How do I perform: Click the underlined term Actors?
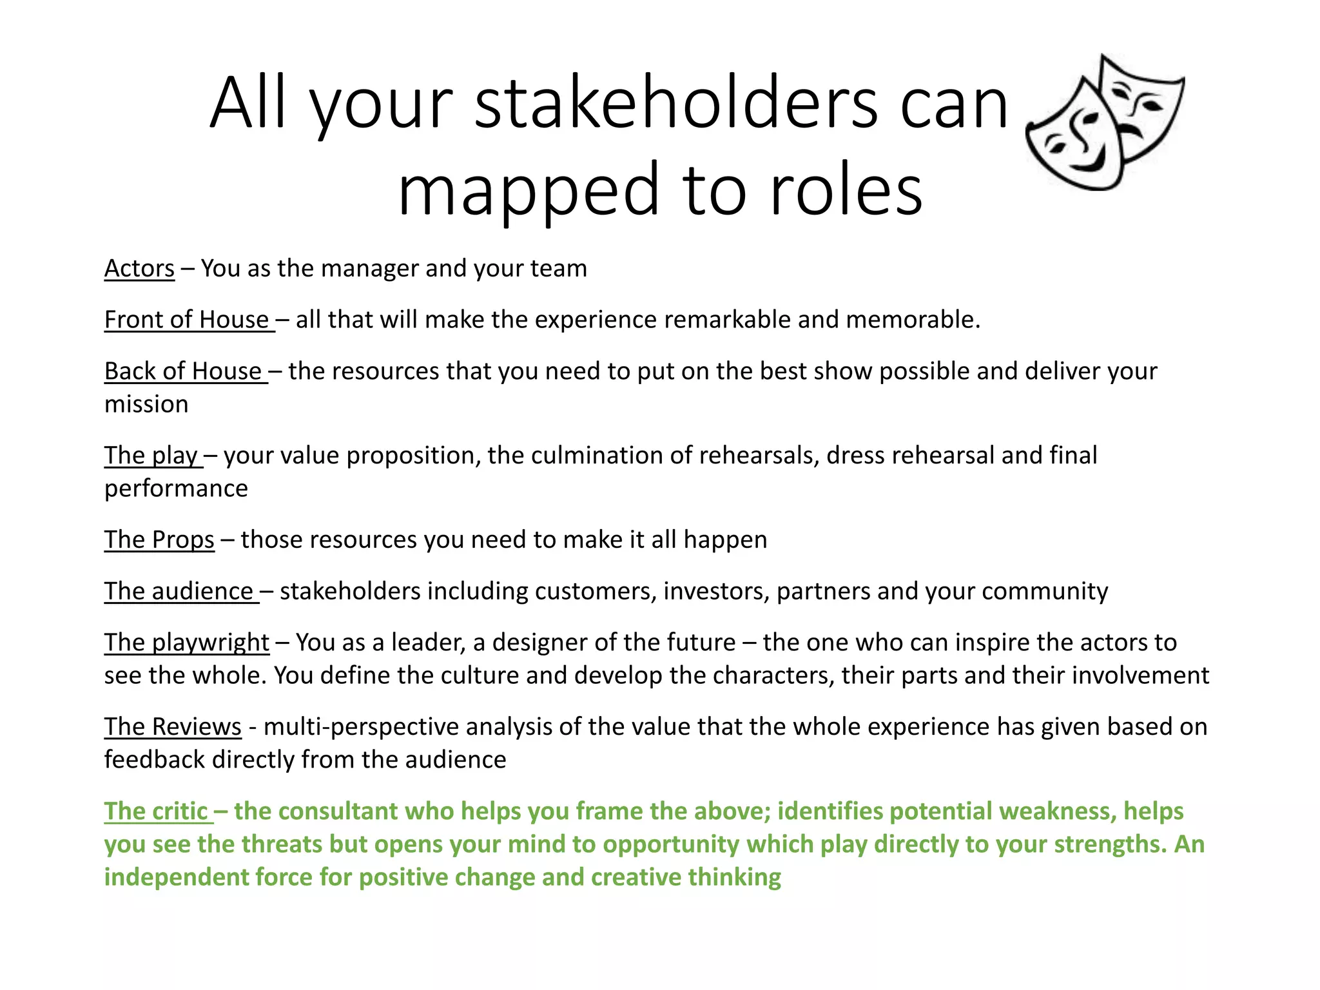[x=139, y=269]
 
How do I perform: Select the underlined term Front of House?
[x=187, y=320]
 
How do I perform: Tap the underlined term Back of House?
[x=184, y=371]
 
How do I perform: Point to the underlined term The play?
[x=151, y=456]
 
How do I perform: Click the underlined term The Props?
[x=159, y=539]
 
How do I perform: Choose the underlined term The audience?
[x=179, y=591]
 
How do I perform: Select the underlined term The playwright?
[x=187, y=643]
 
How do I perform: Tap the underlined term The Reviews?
[x=173, y=727]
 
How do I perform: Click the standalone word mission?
[x=146, y=404]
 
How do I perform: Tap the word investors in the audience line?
[x=716, y=591]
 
